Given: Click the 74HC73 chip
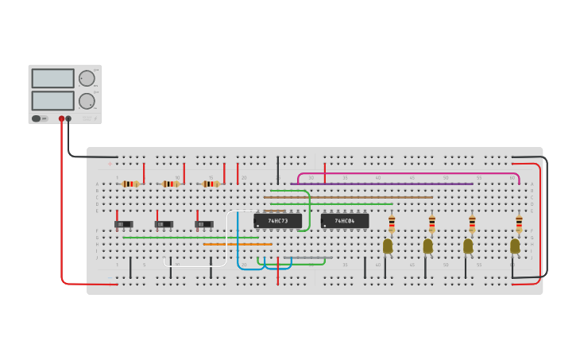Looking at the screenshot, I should point(277,220).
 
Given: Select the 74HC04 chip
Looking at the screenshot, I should point(345,220).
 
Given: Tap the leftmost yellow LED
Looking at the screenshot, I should point(388,246).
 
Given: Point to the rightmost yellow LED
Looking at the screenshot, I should point(515,246).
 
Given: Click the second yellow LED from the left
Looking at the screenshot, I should point(427,246).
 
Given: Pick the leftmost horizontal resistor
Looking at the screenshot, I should point(130,184).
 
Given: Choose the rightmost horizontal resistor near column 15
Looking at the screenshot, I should point(211,184).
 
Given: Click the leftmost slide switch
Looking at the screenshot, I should point(123,224).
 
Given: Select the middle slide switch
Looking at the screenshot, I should point(164,224).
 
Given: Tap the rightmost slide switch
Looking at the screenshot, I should point(204,224).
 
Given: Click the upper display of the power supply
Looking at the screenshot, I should point(52,78).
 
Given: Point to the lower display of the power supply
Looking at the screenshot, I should point(52,100).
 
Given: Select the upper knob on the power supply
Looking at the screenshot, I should point(86,78).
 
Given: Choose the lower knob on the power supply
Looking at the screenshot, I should point(86,101).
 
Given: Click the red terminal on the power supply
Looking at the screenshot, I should point(61,118).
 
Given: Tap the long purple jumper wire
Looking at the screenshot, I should point(381,184).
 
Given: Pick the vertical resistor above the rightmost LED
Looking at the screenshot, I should point(519,223).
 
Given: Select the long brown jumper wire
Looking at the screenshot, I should point(350,197).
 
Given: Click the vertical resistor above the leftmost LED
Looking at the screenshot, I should point(392,223).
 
